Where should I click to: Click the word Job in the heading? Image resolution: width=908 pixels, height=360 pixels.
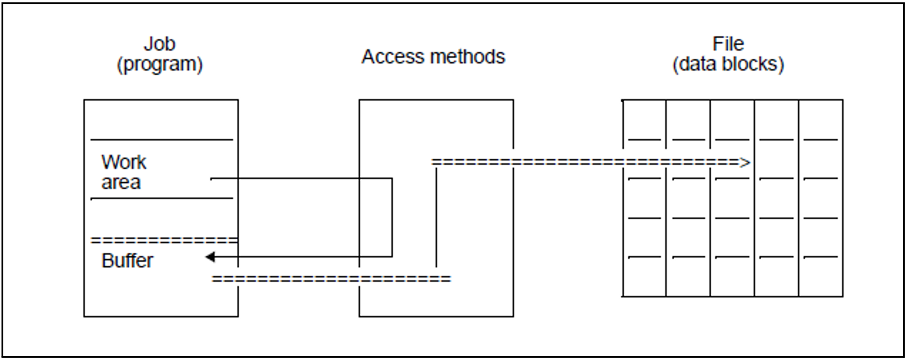pos(160,44)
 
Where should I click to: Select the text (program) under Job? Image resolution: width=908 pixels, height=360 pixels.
pos(160,64)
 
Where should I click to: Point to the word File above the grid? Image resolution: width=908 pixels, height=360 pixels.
pos(728,44)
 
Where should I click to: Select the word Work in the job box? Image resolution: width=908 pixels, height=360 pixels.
pos(124,162)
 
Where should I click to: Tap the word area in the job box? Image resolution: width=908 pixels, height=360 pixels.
pos(121,183)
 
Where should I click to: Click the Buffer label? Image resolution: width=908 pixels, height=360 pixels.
pos(127,261)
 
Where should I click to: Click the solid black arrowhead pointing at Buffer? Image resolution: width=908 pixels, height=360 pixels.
pos(210,257)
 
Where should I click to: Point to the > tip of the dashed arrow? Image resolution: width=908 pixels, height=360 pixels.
pos(745,163)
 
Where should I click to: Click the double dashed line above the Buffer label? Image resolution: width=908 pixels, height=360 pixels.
pos(164,240)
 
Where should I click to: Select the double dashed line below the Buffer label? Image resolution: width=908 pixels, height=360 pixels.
pos(331,279)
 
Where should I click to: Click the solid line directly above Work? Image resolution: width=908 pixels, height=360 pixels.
pos(162,140)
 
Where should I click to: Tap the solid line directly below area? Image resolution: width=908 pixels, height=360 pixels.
pos(162,198)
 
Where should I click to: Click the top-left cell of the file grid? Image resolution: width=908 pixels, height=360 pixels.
pos(644,120)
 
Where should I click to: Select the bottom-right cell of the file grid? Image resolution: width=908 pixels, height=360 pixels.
pos(821,277)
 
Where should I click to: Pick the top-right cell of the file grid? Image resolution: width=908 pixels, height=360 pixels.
pos(821,120)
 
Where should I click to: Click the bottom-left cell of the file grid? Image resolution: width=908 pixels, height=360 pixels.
pos(644,277)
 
